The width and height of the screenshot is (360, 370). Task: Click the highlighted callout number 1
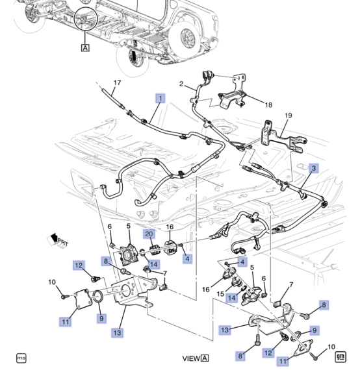pos(159,98)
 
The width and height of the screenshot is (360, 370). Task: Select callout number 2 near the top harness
pos(183,84)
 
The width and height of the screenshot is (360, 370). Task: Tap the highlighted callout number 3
pos(313,168)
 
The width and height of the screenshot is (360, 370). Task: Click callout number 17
pos(117,82)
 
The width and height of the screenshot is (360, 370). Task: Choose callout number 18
pos(268,104)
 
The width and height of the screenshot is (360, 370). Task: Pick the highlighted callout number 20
pos(148,234)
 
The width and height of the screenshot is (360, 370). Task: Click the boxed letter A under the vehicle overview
pos(85,47)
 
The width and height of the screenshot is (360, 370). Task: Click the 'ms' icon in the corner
pos(21,358)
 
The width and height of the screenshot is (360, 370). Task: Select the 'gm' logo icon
pos(341,356)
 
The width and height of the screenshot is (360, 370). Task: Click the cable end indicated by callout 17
pos(105,90)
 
